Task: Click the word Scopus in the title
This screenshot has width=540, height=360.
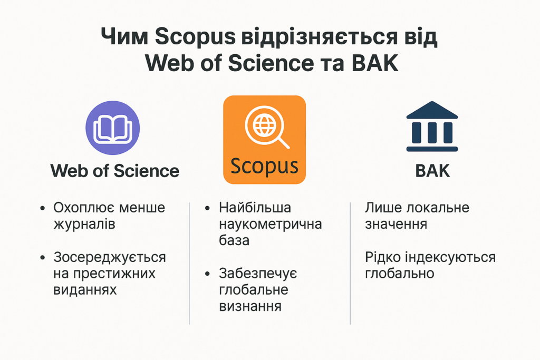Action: click(195, 36)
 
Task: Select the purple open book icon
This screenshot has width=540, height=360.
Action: click(113, 128)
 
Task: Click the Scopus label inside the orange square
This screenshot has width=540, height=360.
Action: click(264, 166)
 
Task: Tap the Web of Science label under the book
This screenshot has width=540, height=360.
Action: click(114, 171)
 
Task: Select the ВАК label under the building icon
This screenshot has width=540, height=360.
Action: click(432, 171)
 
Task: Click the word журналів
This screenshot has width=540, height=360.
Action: click(84, 224)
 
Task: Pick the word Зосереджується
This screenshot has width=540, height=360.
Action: click(110, 257)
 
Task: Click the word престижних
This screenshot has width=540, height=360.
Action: click(114, 274)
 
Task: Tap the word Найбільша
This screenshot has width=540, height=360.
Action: click(255, 208)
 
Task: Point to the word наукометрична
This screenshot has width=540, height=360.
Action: click(271, 224)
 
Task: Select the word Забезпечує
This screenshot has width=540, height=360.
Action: click(258, 274)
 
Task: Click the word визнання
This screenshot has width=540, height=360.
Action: click(250, 306)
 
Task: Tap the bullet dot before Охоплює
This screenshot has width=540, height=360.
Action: click(42, 208)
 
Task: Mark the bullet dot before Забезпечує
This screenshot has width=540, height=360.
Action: click(207, 274)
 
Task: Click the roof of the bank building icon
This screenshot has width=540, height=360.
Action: click(432, 110)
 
